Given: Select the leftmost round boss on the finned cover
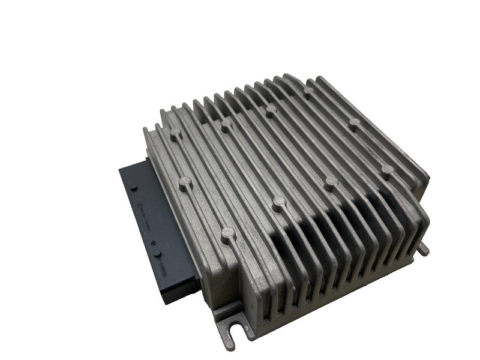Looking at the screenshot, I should pyautogui.click(x=176, y=136).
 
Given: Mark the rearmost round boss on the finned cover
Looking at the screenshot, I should pyautogui.click(x=308, y=91).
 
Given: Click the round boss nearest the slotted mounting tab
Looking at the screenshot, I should pyautogui.click(x=227, y=232).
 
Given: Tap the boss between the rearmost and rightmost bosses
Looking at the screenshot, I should pyautogui.click(x=355, y=123).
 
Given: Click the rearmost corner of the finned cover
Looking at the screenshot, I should pyautogui.click(x=287, y=76).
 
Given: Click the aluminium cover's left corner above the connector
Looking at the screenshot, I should pyautogui.click(x=146, y=130).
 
